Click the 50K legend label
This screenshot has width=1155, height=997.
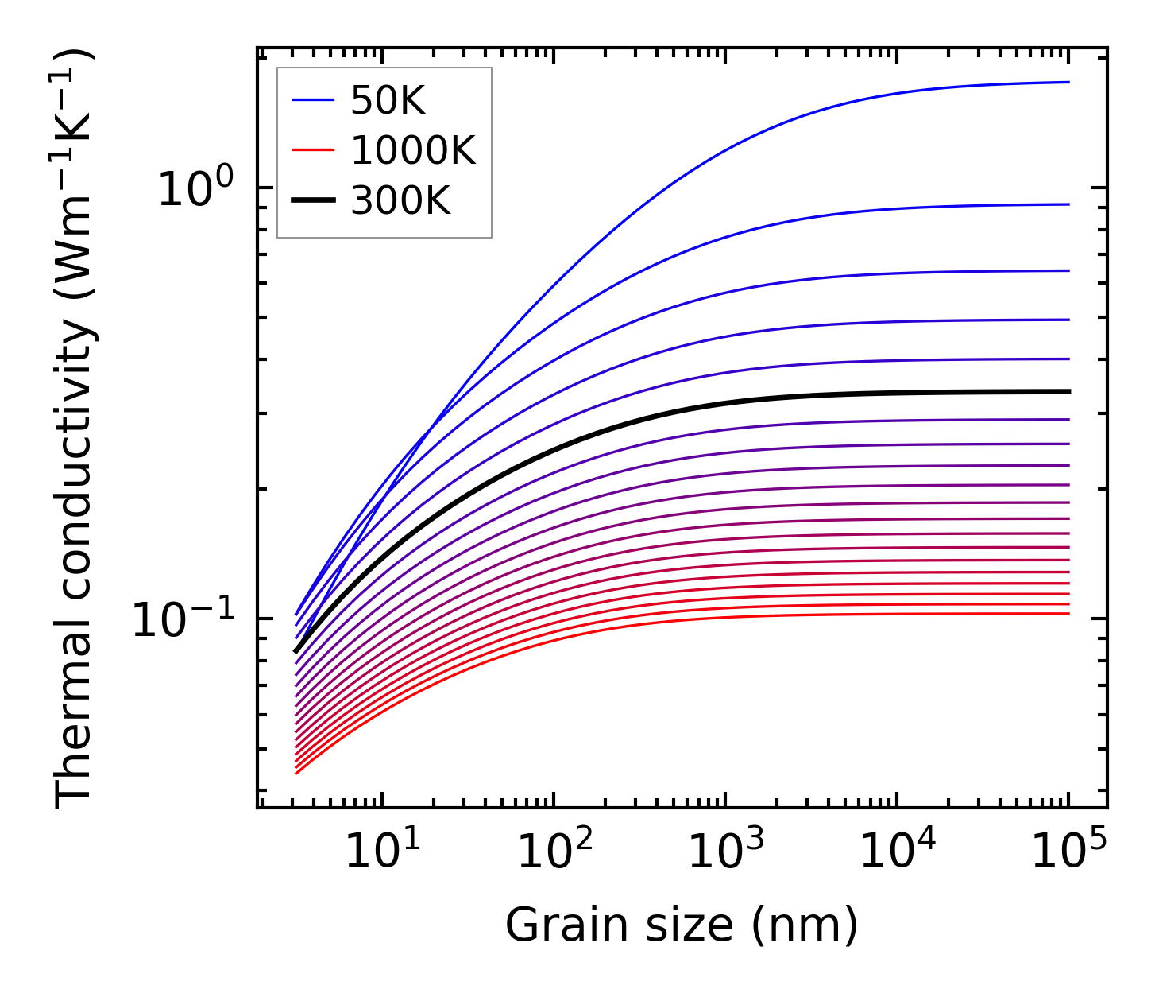coord(388,100)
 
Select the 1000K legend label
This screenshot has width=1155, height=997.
coord(412,150)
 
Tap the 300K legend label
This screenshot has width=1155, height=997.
coord(400,201)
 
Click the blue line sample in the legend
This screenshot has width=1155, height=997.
coord(315,100)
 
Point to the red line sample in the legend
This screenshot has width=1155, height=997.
coord(315,150)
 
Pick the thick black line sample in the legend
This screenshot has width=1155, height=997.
coord(315,201)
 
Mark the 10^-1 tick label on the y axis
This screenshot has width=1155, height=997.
coord(183,621)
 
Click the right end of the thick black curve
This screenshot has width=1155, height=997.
coord(1068,392)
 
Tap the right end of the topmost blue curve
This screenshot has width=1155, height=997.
coord(1068,82)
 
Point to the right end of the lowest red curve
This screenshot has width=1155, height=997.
coord(1068,614)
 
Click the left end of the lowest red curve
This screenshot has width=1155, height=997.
coord(296,774)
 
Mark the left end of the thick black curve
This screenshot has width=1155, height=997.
coord(296,652)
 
